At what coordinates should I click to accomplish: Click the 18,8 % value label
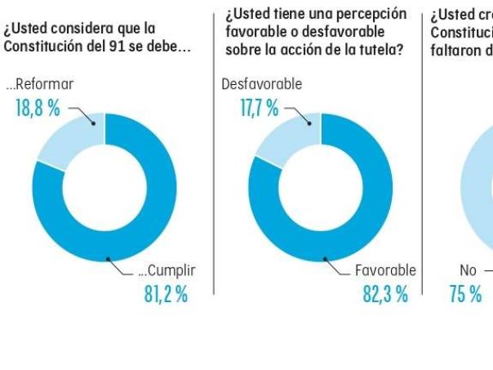[38, 109]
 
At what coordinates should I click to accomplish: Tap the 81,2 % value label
[167, 294]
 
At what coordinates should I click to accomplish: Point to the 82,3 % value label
[385, 294]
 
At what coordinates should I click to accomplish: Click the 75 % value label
[466, 294]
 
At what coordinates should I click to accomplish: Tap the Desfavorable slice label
[261, 84]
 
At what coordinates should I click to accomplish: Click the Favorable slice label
[386, 270]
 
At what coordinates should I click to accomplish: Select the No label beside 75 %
[468, 270]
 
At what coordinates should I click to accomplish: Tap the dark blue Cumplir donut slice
[155, 212]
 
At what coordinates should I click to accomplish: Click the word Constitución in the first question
[41, 47]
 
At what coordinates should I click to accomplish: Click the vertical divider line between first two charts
[214, 163]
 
